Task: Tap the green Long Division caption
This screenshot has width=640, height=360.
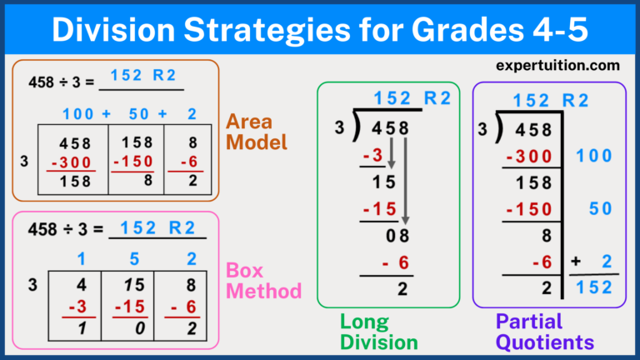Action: [x=378, y=332]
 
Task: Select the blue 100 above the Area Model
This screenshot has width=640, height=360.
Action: [x=77, y=113]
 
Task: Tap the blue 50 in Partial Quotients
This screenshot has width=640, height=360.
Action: [x=600, y=209]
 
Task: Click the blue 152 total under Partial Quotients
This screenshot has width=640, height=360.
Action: [x=594, y=287]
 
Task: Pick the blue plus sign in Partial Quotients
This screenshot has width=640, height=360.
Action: [x=576, y=262]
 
